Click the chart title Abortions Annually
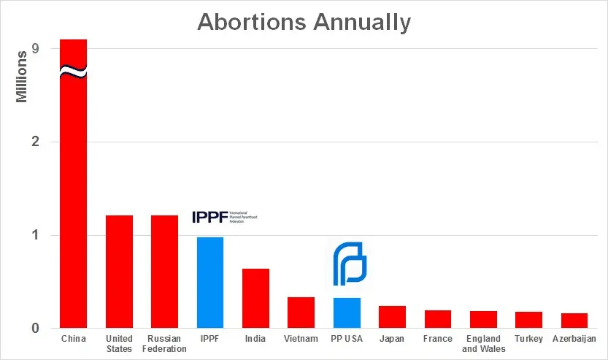point(304,22)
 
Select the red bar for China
point(73,204)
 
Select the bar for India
point(255,299)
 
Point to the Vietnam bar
point(301,313)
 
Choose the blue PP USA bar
point(347,313)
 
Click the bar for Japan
point(392,317)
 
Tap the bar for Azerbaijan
point(574,321)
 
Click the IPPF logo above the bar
point(224,217)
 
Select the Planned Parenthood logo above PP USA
point(348,264)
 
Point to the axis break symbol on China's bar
point(73,72)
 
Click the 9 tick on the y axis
point(35,49)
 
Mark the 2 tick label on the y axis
point(35,142)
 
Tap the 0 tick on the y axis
point(35,329)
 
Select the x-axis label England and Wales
point(482,343)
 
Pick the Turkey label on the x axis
point(528,339)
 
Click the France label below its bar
point(437,339)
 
